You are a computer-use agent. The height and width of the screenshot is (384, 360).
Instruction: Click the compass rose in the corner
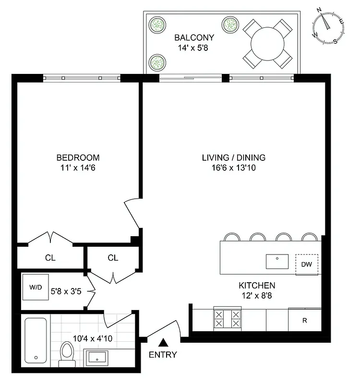329,27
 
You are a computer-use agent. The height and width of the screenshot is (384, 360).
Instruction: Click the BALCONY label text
194,37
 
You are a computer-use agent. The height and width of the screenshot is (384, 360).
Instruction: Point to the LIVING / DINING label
233,157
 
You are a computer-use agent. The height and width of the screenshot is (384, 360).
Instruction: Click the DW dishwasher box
307,264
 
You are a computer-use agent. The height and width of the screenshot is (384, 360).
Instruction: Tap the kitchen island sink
277,262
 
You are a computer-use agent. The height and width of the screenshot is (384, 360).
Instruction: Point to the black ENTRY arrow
163,342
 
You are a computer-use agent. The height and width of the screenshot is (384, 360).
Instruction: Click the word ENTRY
163,355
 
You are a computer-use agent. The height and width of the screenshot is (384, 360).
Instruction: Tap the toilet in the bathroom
66,353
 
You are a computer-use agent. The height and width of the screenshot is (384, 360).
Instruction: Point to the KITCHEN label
257,285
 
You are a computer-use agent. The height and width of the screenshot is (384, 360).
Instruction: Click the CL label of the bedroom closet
50,258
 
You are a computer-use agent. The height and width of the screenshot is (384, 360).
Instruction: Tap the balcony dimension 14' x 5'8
194,47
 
